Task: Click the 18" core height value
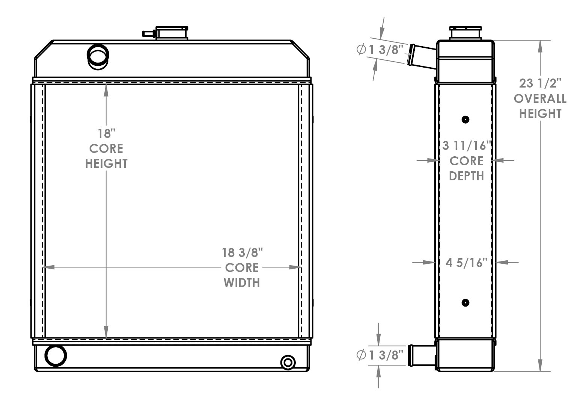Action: (106, 133)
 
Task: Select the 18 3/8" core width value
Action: (242, 252)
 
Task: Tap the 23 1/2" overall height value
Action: (539, 83)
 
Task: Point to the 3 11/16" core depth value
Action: (467, 146)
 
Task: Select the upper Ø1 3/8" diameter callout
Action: (380, 50)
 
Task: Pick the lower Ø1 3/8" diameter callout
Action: (380, 355)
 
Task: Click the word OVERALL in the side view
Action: (540, 98)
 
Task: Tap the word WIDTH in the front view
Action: (242, 283)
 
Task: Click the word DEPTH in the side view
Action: (466, 176)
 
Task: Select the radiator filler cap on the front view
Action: (172, 33)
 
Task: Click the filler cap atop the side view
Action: (465, 33)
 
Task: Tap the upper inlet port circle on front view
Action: (98, 56)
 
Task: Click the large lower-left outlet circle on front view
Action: (56, 355)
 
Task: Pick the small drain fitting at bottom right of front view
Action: (288, 363)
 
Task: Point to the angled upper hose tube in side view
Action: (422, 56)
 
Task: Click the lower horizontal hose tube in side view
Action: (422, 354)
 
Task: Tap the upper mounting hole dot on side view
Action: (465, 120)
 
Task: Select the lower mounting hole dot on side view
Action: (465, 302)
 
